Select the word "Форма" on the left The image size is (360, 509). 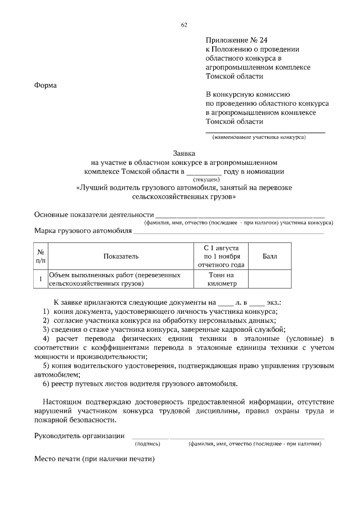46,85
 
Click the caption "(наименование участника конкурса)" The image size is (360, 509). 258,137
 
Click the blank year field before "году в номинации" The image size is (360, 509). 204,172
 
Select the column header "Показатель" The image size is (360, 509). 120,256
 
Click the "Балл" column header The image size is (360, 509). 269,256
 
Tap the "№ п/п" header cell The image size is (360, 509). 40,256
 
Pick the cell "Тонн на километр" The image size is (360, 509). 219,280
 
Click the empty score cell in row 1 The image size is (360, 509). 269,280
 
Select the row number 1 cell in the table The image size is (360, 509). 40,280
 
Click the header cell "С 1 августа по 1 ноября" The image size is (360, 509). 219,256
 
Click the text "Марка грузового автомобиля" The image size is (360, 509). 83,231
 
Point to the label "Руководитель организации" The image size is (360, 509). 79,435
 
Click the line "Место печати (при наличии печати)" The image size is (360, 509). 94,459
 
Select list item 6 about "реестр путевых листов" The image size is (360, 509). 140,384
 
